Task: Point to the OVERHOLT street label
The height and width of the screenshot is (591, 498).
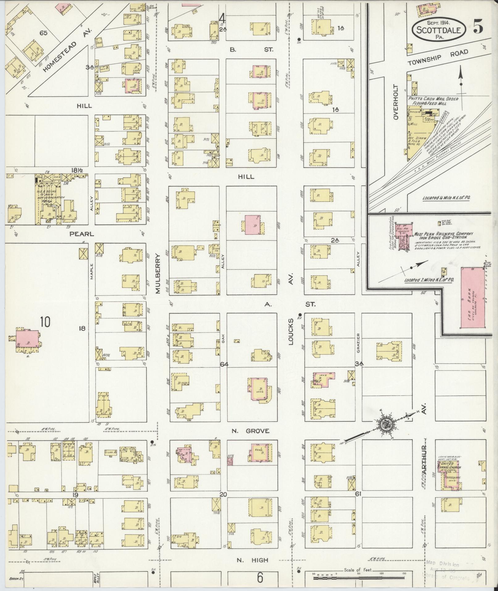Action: [397, 102]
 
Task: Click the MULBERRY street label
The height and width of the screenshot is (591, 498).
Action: [159, 274]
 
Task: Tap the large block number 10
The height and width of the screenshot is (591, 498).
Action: [44, 322]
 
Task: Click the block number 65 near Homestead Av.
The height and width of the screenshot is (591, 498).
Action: [44, 33]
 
